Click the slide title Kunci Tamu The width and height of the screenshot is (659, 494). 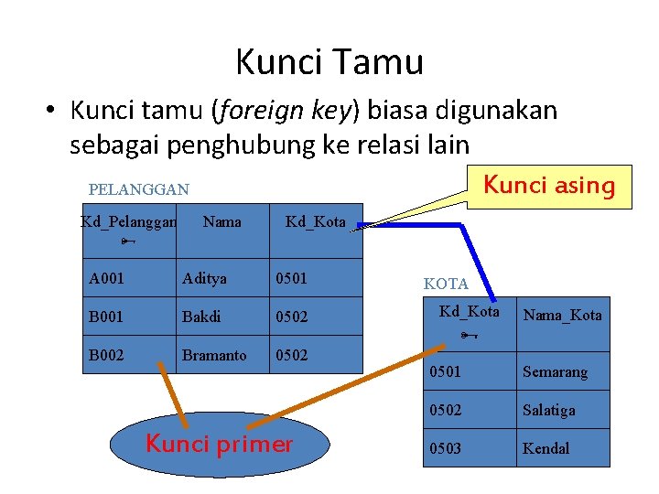pos(329,62)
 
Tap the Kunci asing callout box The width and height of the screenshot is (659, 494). pos(548,186)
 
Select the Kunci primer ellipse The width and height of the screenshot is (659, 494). pos(220,446)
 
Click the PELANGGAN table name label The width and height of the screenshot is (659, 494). pos(139,190)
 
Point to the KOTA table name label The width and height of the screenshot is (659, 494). pos(446,285)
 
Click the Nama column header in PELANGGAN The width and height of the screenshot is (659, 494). pos(222,221)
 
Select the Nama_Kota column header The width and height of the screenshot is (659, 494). pos(562,316)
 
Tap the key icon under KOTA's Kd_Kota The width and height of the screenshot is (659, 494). pos(469,336)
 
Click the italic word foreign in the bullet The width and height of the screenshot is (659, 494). pos(253,112)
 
